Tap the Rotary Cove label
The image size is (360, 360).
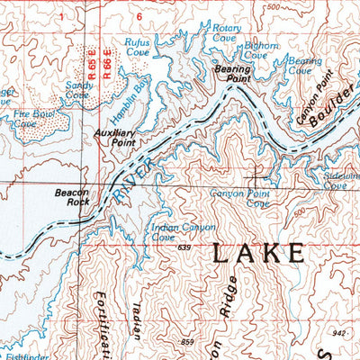(226, 34)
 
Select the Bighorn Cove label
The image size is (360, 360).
(256, 50)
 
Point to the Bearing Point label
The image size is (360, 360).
(231, 74)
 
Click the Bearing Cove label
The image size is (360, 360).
(305, 66)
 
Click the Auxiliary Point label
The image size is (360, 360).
(114, 137)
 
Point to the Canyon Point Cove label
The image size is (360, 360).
(239, 197)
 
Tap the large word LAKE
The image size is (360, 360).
(257, 255)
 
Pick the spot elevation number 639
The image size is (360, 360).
(185, 247)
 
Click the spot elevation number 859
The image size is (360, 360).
(186, 342)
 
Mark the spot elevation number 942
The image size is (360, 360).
(337, 333)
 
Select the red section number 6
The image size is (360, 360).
(139, 16)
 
